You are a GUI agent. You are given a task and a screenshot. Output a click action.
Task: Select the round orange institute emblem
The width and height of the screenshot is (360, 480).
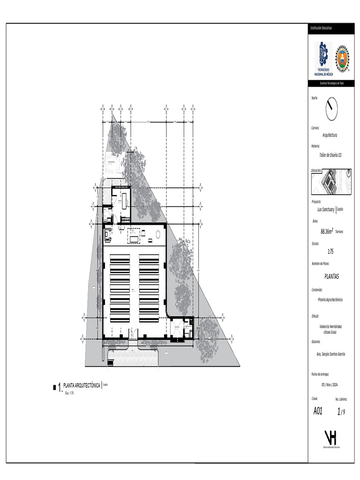pos(343,59)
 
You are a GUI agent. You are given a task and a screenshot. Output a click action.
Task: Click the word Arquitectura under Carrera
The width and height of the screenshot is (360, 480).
pos(330,135)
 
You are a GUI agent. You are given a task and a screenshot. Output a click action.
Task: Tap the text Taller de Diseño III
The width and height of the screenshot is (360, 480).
pos(330,154)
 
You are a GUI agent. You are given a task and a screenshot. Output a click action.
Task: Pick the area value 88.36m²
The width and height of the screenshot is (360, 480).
pos(327,231)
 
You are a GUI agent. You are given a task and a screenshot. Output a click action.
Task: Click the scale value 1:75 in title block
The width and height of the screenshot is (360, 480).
pos(330,251)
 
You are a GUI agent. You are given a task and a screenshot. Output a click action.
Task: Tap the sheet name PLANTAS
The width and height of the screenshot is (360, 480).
pos(331,277)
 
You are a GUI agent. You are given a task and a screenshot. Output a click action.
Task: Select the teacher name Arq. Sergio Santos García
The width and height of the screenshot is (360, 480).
pos(331,354)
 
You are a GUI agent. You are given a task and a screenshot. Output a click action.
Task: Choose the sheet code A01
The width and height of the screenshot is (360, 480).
pos(317,411)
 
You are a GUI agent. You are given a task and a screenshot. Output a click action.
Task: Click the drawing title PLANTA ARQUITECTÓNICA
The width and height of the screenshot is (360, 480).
pos(82,385)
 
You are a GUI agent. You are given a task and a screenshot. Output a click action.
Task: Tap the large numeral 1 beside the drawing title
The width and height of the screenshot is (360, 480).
pos(60,387)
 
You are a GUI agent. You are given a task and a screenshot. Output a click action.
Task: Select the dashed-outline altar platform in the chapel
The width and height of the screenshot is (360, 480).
pos(134,238)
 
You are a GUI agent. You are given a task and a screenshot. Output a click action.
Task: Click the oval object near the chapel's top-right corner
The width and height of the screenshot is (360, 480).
pos(159,233)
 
